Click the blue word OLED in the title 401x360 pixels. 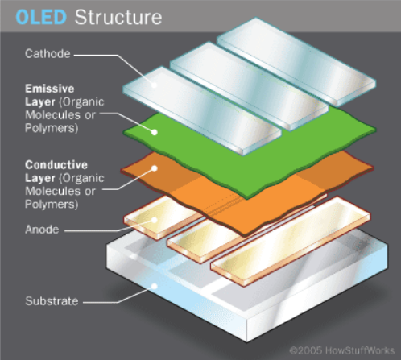[x=41, y=18]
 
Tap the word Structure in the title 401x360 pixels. [x=118, y=18]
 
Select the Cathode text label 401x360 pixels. [x=48, y=54]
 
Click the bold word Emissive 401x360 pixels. [x=50, y=89]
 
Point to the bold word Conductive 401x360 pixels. [x=56, y=165]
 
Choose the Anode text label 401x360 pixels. [x=42, y=230]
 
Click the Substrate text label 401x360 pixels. [x=52, y=301]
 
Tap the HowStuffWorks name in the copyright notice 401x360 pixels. [x=360, y=350]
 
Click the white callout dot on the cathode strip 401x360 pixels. [x=154, y=85]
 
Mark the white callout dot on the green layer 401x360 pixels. [x=155, y=132]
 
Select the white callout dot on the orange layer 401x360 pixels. [x=155, y=168]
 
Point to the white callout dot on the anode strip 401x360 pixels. [x=154, y=220]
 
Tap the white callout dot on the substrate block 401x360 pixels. [x=155, y=286]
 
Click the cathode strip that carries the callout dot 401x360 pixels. [x=202, y=110]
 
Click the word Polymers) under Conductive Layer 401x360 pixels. [x=52, y=205]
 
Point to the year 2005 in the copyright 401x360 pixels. [x=310, y=350]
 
